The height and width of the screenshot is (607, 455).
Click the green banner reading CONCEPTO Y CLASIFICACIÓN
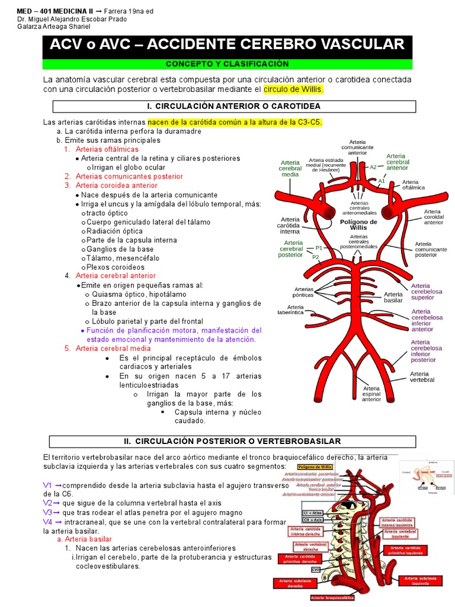pyautogui.click(x=227, y=64)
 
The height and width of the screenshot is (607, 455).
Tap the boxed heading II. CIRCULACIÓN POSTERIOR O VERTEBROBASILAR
pyautogui.click(x=233, y=442)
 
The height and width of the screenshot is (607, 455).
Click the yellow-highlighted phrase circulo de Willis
pyautogui.click(x=293, y=90)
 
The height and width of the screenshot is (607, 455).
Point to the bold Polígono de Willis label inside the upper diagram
pyautogui.click(x=358, y=225)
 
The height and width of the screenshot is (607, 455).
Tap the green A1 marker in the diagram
pyautogui.click(x=382, y=181)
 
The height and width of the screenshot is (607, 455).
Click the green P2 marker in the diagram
pyautogui.click(x=316, y=257)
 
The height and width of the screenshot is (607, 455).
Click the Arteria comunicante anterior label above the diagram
pyautogui.click(x=357, y=147)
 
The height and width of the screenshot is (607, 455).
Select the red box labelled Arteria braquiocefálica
pyautogui.click(x=332, y=598)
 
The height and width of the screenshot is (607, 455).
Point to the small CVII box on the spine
pyautogui.click(x=316, y=570)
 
